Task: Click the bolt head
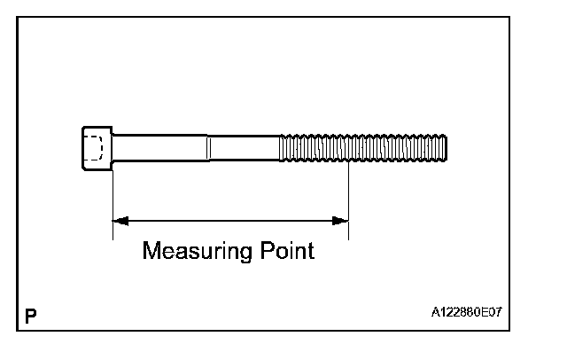coord(97,148)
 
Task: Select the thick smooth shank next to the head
coord(159,147)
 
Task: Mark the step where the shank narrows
coord(208,147)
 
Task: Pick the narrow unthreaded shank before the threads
coord(244,147)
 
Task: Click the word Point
coord(285,251)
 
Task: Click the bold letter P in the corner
coord(31,315)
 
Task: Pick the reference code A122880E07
coord(470,313)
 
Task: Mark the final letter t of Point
coord(310,251)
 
